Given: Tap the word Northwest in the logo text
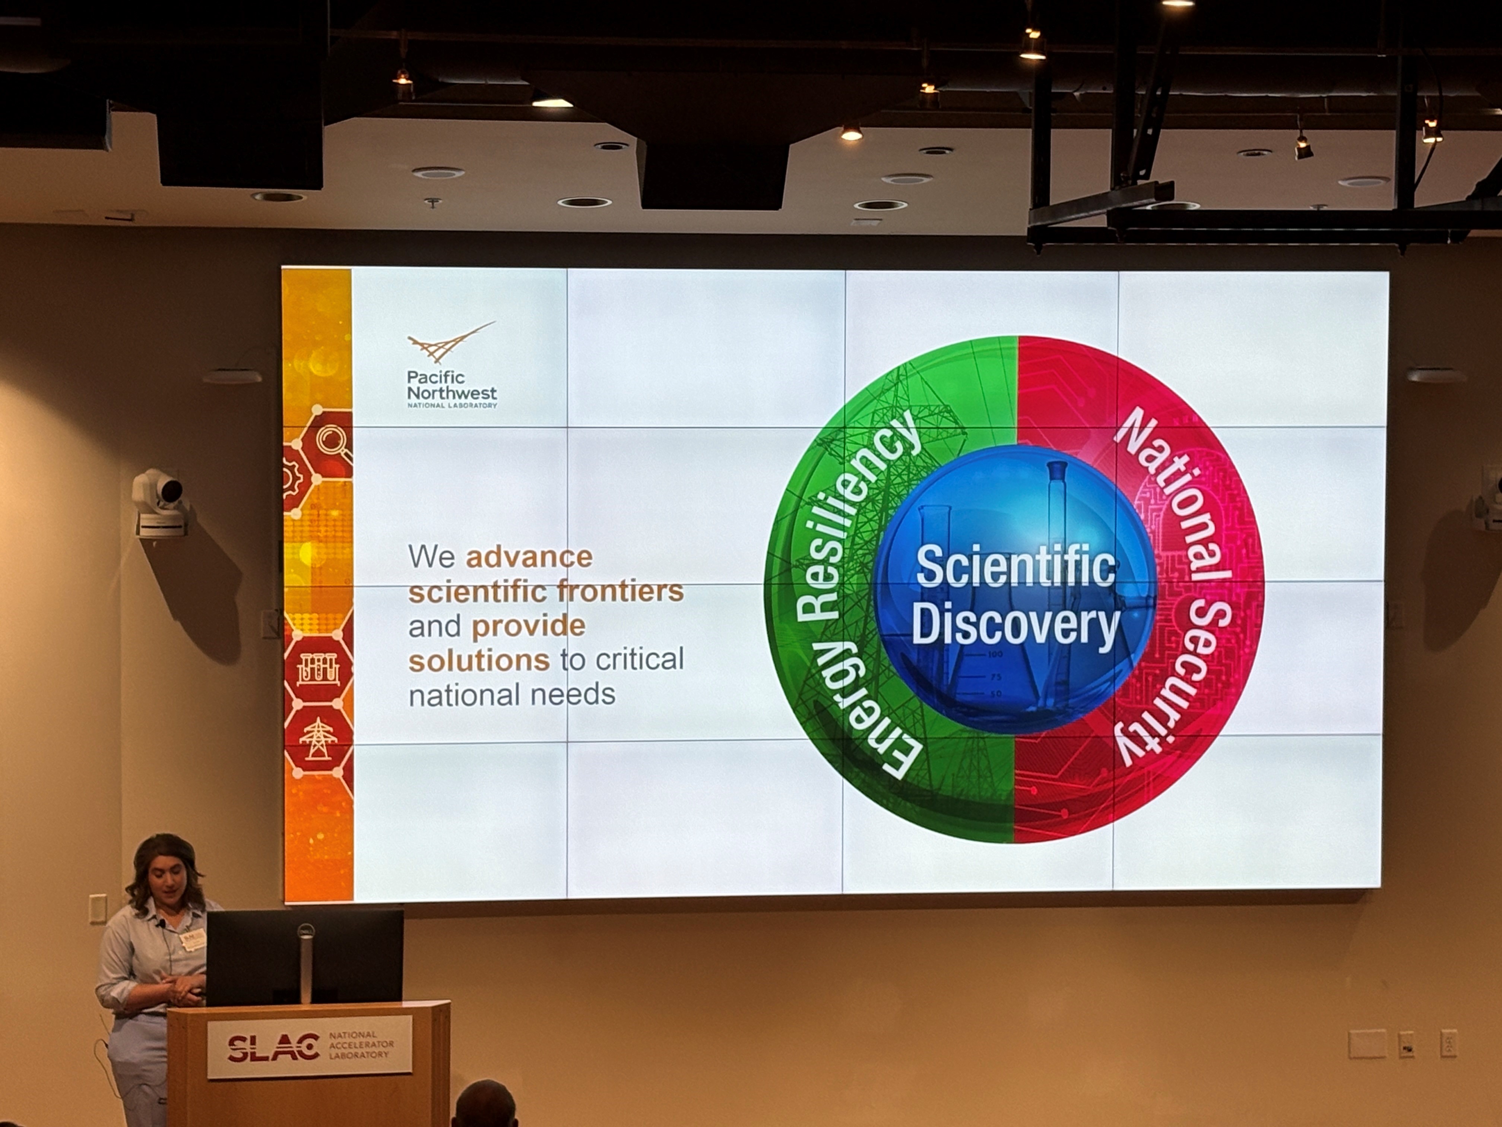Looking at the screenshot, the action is [x=452, y=393].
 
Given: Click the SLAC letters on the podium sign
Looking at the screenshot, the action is [x=273, y=1048].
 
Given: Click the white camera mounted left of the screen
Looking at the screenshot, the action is [x=159, y=503].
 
